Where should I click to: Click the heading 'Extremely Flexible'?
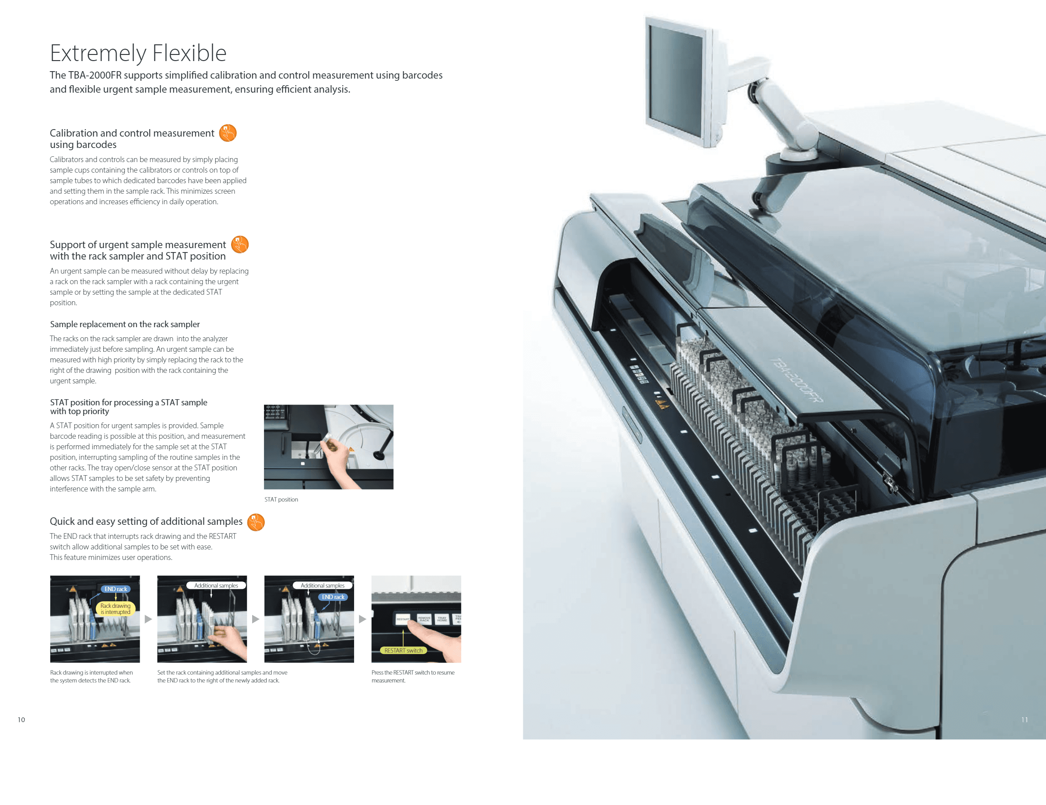(x=138, y=53)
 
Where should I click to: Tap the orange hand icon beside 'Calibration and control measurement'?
(x=228, y=133)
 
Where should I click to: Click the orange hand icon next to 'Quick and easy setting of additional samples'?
(x=256, y=522)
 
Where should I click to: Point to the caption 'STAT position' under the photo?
(x=281, y=499)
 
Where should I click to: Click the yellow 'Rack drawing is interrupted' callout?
(x=116, y=609)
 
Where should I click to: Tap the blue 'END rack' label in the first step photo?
(x=116, y=589)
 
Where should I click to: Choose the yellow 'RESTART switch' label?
(x=403, y=650)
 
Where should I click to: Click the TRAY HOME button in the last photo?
(x=442, y=619)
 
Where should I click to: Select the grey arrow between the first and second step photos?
(x=148, y=619)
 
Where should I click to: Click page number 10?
(x=21, y=719)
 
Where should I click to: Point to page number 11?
(x=1024, y=719)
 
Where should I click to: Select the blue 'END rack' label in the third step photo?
(x=333, y=597)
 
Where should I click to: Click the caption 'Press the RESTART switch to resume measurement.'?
(x=413, y=676)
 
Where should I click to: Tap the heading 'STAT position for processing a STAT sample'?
(x=128, y=407)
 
